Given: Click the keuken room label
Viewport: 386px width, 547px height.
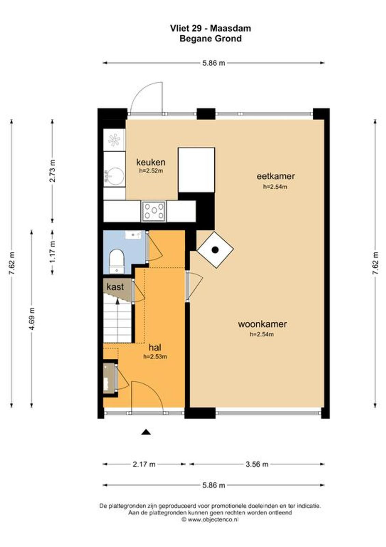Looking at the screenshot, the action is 151,162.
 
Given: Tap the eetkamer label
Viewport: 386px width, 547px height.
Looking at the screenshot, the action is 275,176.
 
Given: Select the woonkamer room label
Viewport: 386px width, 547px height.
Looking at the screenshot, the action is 262,324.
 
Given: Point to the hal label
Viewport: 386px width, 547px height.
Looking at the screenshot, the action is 155,347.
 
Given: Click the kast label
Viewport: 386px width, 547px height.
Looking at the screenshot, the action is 115,287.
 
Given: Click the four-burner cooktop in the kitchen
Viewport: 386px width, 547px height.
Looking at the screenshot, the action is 154,211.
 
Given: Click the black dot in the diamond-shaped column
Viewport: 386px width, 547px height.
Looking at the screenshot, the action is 215,250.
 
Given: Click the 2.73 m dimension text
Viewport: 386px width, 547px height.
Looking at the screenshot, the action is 52,171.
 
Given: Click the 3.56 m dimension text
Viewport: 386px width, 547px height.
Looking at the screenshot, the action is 257,464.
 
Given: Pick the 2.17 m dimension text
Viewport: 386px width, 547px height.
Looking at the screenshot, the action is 144,464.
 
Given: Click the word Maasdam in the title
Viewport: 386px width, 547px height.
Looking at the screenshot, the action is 230,28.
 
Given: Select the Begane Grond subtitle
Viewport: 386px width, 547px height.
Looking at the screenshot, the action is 211,39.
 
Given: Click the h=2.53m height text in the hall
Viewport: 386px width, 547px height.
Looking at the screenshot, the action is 155,357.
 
